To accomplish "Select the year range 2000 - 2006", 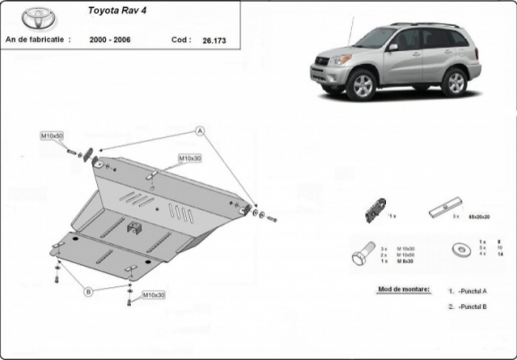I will (108, 40).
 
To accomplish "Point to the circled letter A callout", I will (201, 131).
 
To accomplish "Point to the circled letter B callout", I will (89, 292).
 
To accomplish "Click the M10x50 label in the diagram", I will (51, 136).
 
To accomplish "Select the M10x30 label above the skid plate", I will (189, 158).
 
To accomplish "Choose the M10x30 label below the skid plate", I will (153, 294).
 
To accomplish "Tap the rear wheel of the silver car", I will (454, 81).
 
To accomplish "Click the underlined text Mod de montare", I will (399, 290).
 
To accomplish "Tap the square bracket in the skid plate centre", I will (133, 227).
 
